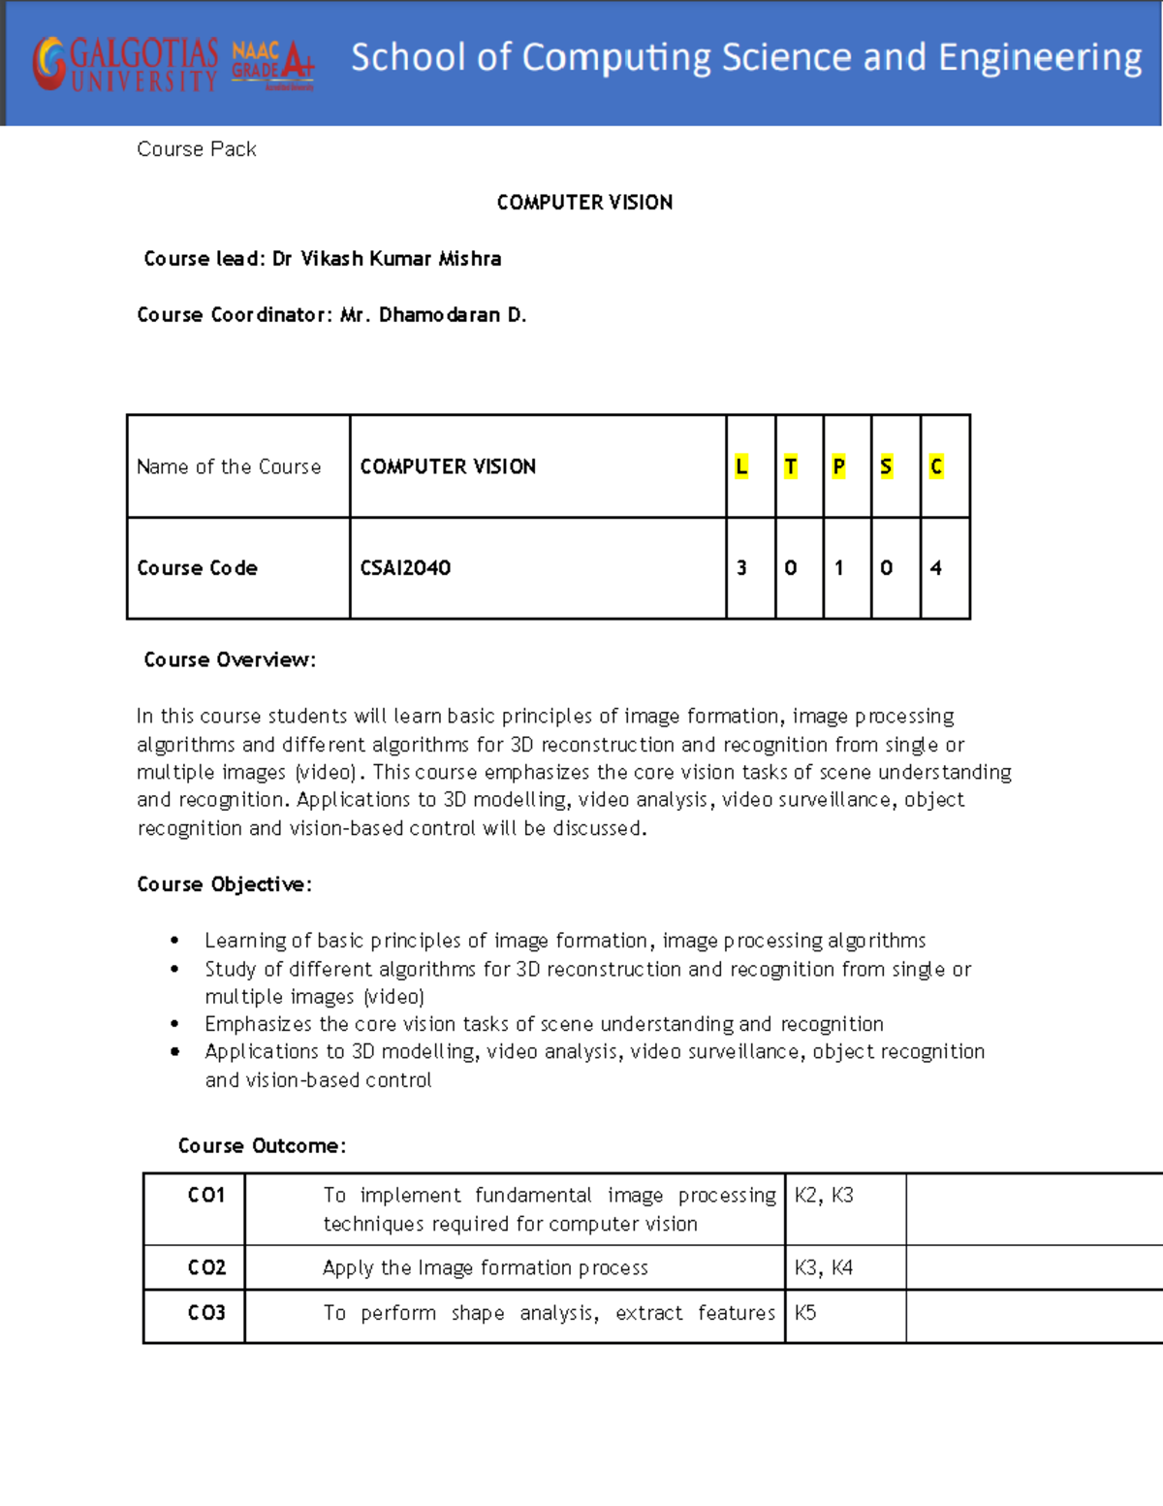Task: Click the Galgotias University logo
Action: pyautogui.click(x=125, y=65)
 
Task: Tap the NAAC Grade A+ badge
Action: pyautogui.click(x=272, y=65)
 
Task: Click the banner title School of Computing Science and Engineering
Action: pyautogui.click(x=745, y=58)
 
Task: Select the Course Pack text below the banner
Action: pyautogui.click(x=197, y=149)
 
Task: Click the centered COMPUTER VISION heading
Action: pyautogui.click(x=584, y=203)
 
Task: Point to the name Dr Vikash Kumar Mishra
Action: pyautogui.click(x=387, y=259)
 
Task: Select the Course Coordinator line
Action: pyautogui.click(x=331, y=315)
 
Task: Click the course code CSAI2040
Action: pyautogui.click(x=405, y=568)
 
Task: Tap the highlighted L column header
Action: pyautogui.click(x=741, y=466)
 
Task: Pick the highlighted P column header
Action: pyautogui.click(x=838, y=466)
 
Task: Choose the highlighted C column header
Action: pyautogui.click(x=935, y=466)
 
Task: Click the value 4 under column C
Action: pyautogui.click(x=935, y=568)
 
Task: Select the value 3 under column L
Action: pyautogui.click(x=741, y=568)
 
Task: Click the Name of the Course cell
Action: pyautogui.click(x=229, y=466)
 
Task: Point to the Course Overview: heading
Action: pyautogui.click(x=230, y=660)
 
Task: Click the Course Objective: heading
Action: pyautogui.click(x=224, y=884)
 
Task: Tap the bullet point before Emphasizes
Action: pyautogui.click(x=174, y=1024)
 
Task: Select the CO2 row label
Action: pyautogui.click(x=206, y=1267)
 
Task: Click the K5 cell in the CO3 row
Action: pyautogui.click(x=805, y=1313)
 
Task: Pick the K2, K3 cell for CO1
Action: pyautogui.click(x=824, y=1196)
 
